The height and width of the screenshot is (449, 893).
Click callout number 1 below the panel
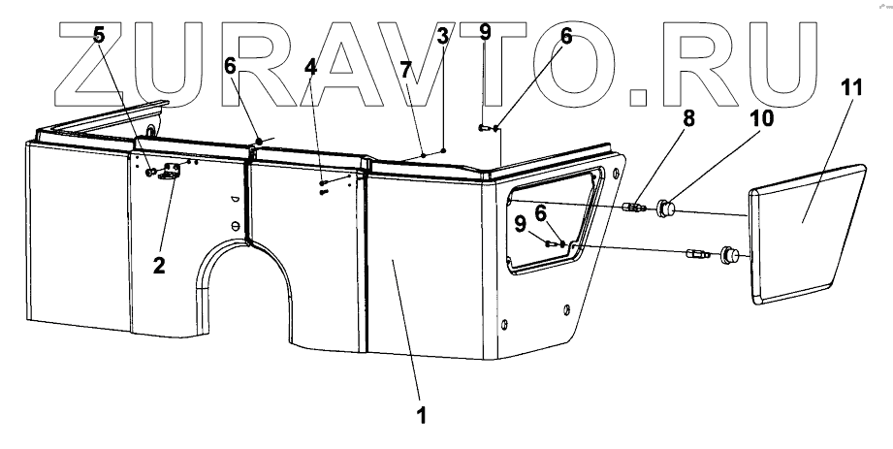click(420, 413)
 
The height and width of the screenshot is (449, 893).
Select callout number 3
click(442, 40)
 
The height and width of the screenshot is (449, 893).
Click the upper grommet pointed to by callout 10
click(666, 207)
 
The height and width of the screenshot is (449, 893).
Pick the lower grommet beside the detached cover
click(728, 256)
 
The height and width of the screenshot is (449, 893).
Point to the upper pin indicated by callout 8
click(635, 206)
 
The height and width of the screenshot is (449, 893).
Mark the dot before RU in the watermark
click(640, 94)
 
